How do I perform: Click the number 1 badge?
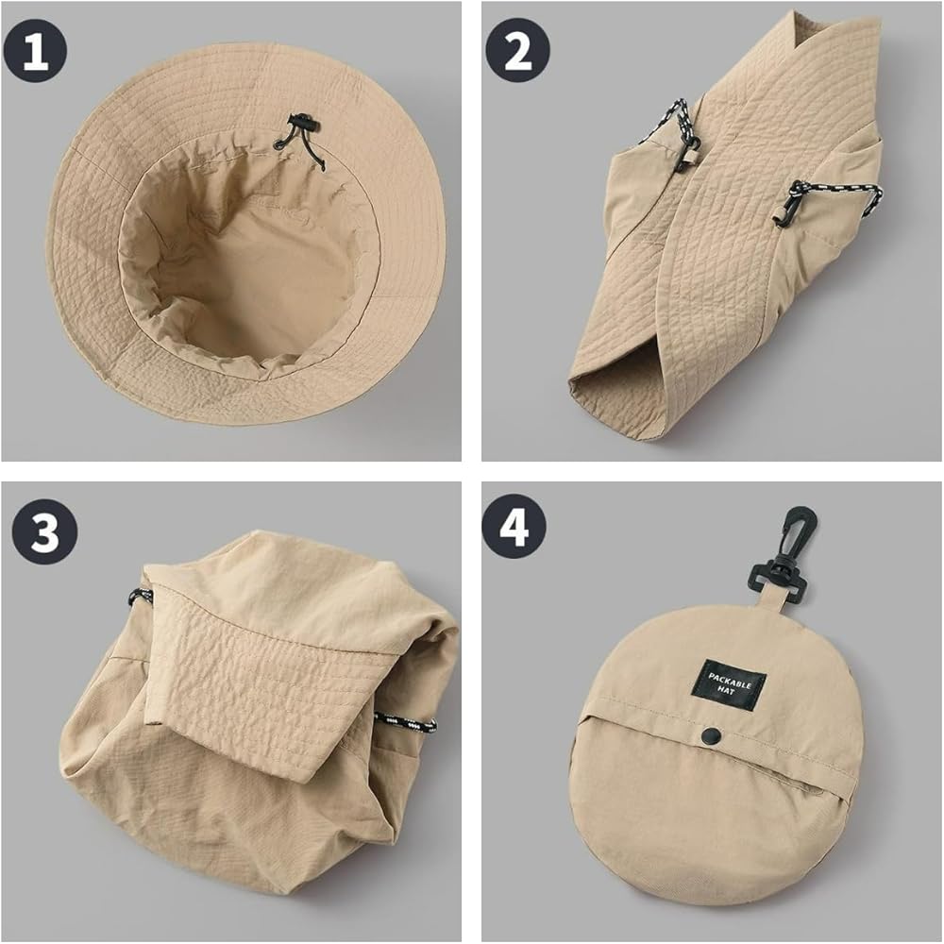click(35, 51)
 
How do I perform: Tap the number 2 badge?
click(517, 51)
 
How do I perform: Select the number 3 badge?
click(44, 531)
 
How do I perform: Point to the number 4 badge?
click(514, 526)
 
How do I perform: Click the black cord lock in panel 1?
click(302, 127)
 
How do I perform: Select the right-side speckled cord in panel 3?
click(405, 721)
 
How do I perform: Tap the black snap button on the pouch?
click(713, 733)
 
